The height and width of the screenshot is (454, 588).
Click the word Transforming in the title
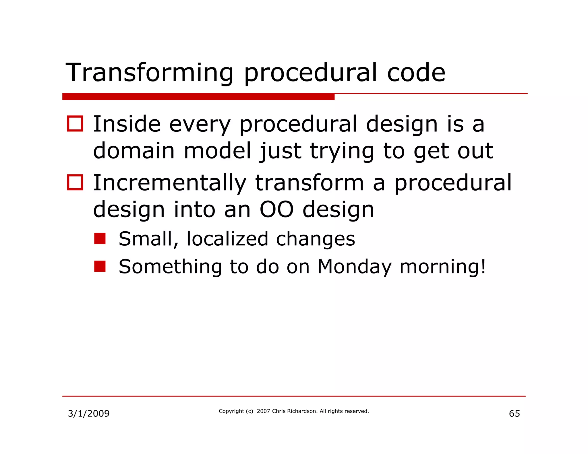tap(149, 73)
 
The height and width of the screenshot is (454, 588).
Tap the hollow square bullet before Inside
tap(75, 124)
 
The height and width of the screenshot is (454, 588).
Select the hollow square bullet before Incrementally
tap(75, 182)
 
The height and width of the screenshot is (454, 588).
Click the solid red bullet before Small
tap(100, 238)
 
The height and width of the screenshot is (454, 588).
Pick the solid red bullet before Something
tap(100, 266)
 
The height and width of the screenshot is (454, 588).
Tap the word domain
tap(134, 151)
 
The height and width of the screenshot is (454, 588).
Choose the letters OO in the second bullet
tap(276, 209)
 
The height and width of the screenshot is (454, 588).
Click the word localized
tap(227, 239)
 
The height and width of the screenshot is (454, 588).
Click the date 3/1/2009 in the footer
tap(89, 414)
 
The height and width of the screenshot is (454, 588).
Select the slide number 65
tap(514, 414)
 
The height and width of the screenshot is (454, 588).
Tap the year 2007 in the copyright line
tap(264, 411)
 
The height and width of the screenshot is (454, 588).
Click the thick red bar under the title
tap(198, 97)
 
